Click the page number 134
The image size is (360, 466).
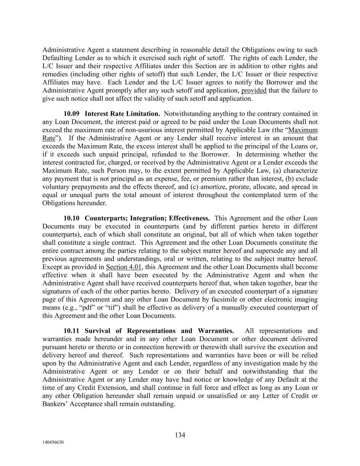[x=180, y=435]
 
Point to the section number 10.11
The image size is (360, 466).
[x=71, y=331]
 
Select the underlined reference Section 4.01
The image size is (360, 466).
[x=124, y=267]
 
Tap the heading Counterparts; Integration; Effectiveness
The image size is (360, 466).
[x=147, y=218]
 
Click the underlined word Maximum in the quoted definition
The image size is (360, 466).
[x=303, y=130]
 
